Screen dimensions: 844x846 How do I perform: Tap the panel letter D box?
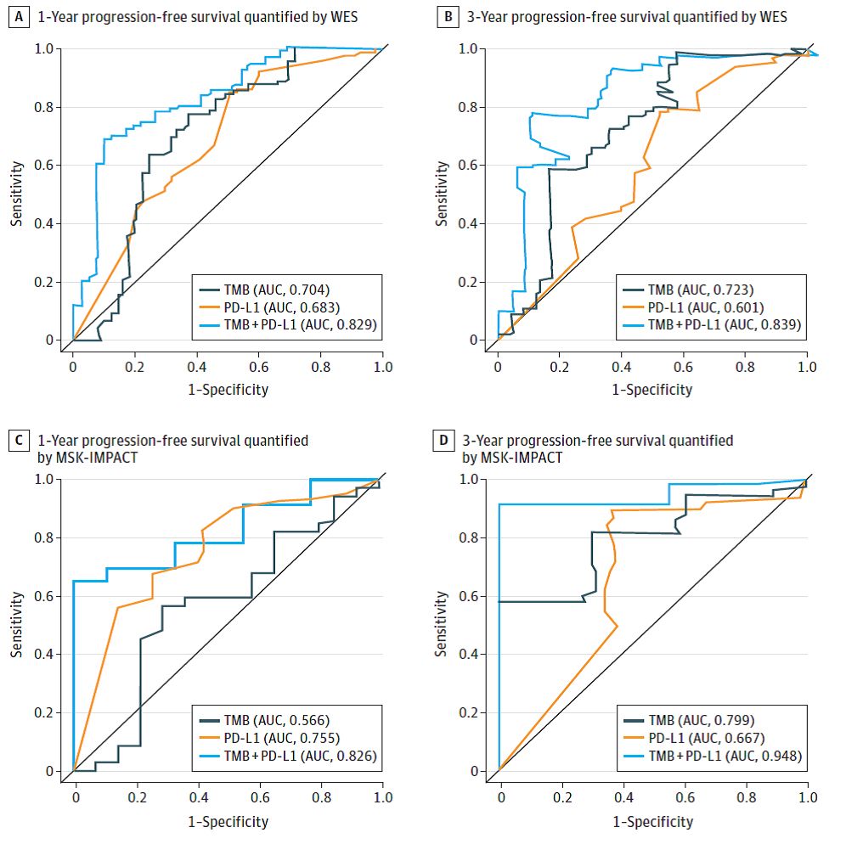click(x=443, y=442)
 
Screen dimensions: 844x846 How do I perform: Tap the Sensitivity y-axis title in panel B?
click(x=442, y=195)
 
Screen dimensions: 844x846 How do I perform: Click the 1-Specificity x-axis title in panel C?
click(x=228, y=821)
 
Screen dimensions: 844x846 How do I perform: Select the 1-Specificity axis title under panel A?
click(x=228, y=390)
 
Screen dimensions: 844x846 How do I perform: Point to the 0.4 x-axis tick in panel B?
click(x=622, y=368)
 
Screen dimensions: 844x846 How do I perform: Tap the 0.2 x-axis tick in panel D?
click(x=561, y=799)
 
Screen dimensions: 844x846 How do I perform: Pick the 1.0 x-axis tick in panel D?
click(x=808, y=799)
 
